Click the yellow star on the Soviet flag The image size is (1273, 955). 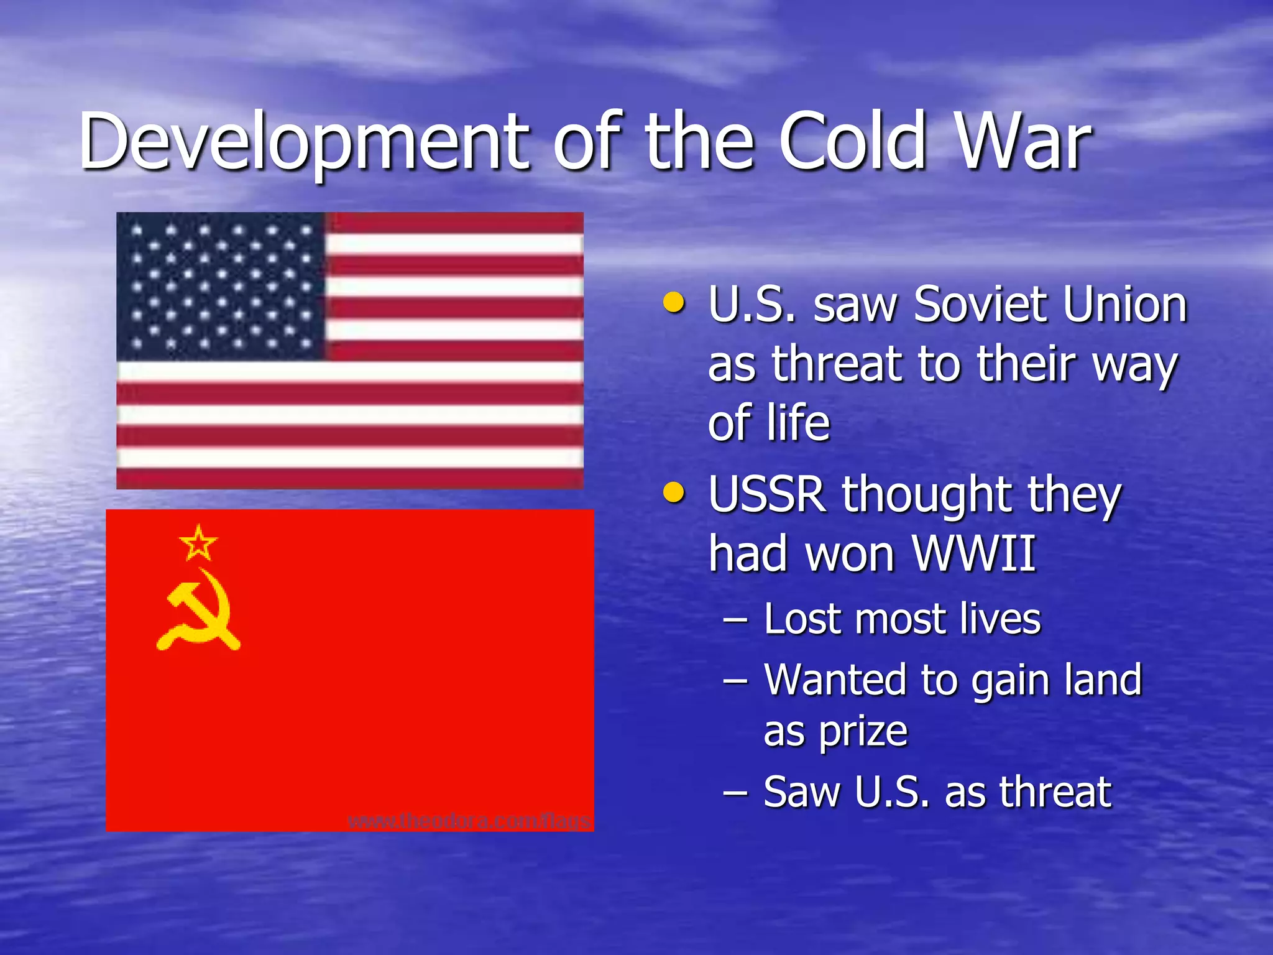pyautogui.click(x=198, y=543)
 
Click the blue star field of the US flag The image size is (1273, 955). pyautogui.click(x=221, y=286)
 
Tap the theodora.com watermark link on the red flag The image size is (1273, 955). pyautogui.click(x=469, y=821)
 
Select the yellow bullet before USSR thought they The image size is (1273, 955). pyautogui.click(x=674, y=494)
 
